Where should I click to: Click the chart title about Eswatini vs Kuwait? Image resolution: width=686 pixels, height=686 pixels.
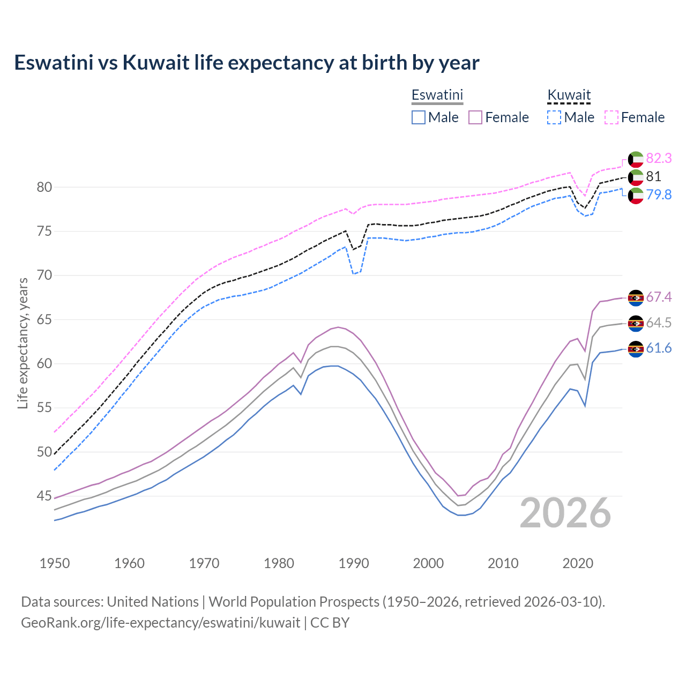(247, 63)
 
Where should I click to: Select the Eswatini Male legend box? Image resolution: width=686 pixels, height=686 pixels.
(419, 117)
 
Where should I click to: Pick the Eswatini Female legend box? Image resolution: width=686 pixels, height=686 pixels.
(476, 117)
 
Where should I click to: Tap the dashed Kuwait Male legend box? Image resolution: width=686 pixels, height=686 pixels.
(554, 117)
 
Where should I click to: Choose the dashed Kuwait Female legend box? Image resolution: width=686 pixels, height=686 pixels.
(612, 117)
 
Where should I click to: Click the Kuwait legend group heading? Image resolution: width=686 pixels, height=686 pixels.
(569, 95)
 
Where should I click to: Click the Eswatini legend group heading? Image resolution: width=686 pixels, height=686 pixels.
(437, 95)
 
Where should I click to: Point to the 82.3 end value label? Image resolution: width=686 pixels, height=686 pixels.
(659, 158)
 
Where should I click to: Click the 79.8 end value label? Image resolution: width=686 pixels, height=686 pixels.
(659, 195)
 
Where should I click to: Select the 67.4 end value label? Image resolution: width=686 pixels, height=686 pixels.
(659, 297)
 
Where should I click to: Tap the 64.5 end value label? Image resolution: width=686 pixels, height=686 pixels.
(659, 323)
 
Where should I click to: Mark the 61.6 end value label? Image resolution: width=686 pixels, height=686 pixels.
(659, 348)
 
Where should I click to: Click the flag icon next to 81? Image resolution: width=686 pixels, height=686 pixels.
(636, 177)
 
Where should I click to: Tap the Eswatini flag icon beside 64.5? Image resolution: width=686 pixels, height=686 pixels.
(636, 323)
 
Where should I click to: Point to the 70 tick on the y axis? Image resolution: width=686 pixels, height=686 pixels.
(44, 275)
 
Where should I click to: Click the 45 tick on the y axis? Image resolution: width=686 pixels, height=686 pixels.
(44, 496)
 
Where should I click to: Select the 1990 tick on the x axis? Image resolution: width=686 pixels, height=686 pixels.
(354, 563)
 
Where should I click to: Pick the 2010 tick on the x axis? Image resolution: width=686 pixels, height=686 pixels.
(503, 563)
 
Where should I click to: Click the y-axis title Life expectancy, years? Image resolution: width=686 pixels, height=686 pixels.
(23, 343)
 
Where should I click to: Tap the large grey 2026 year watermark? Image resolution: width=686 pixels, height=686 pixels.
(565, 513)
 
